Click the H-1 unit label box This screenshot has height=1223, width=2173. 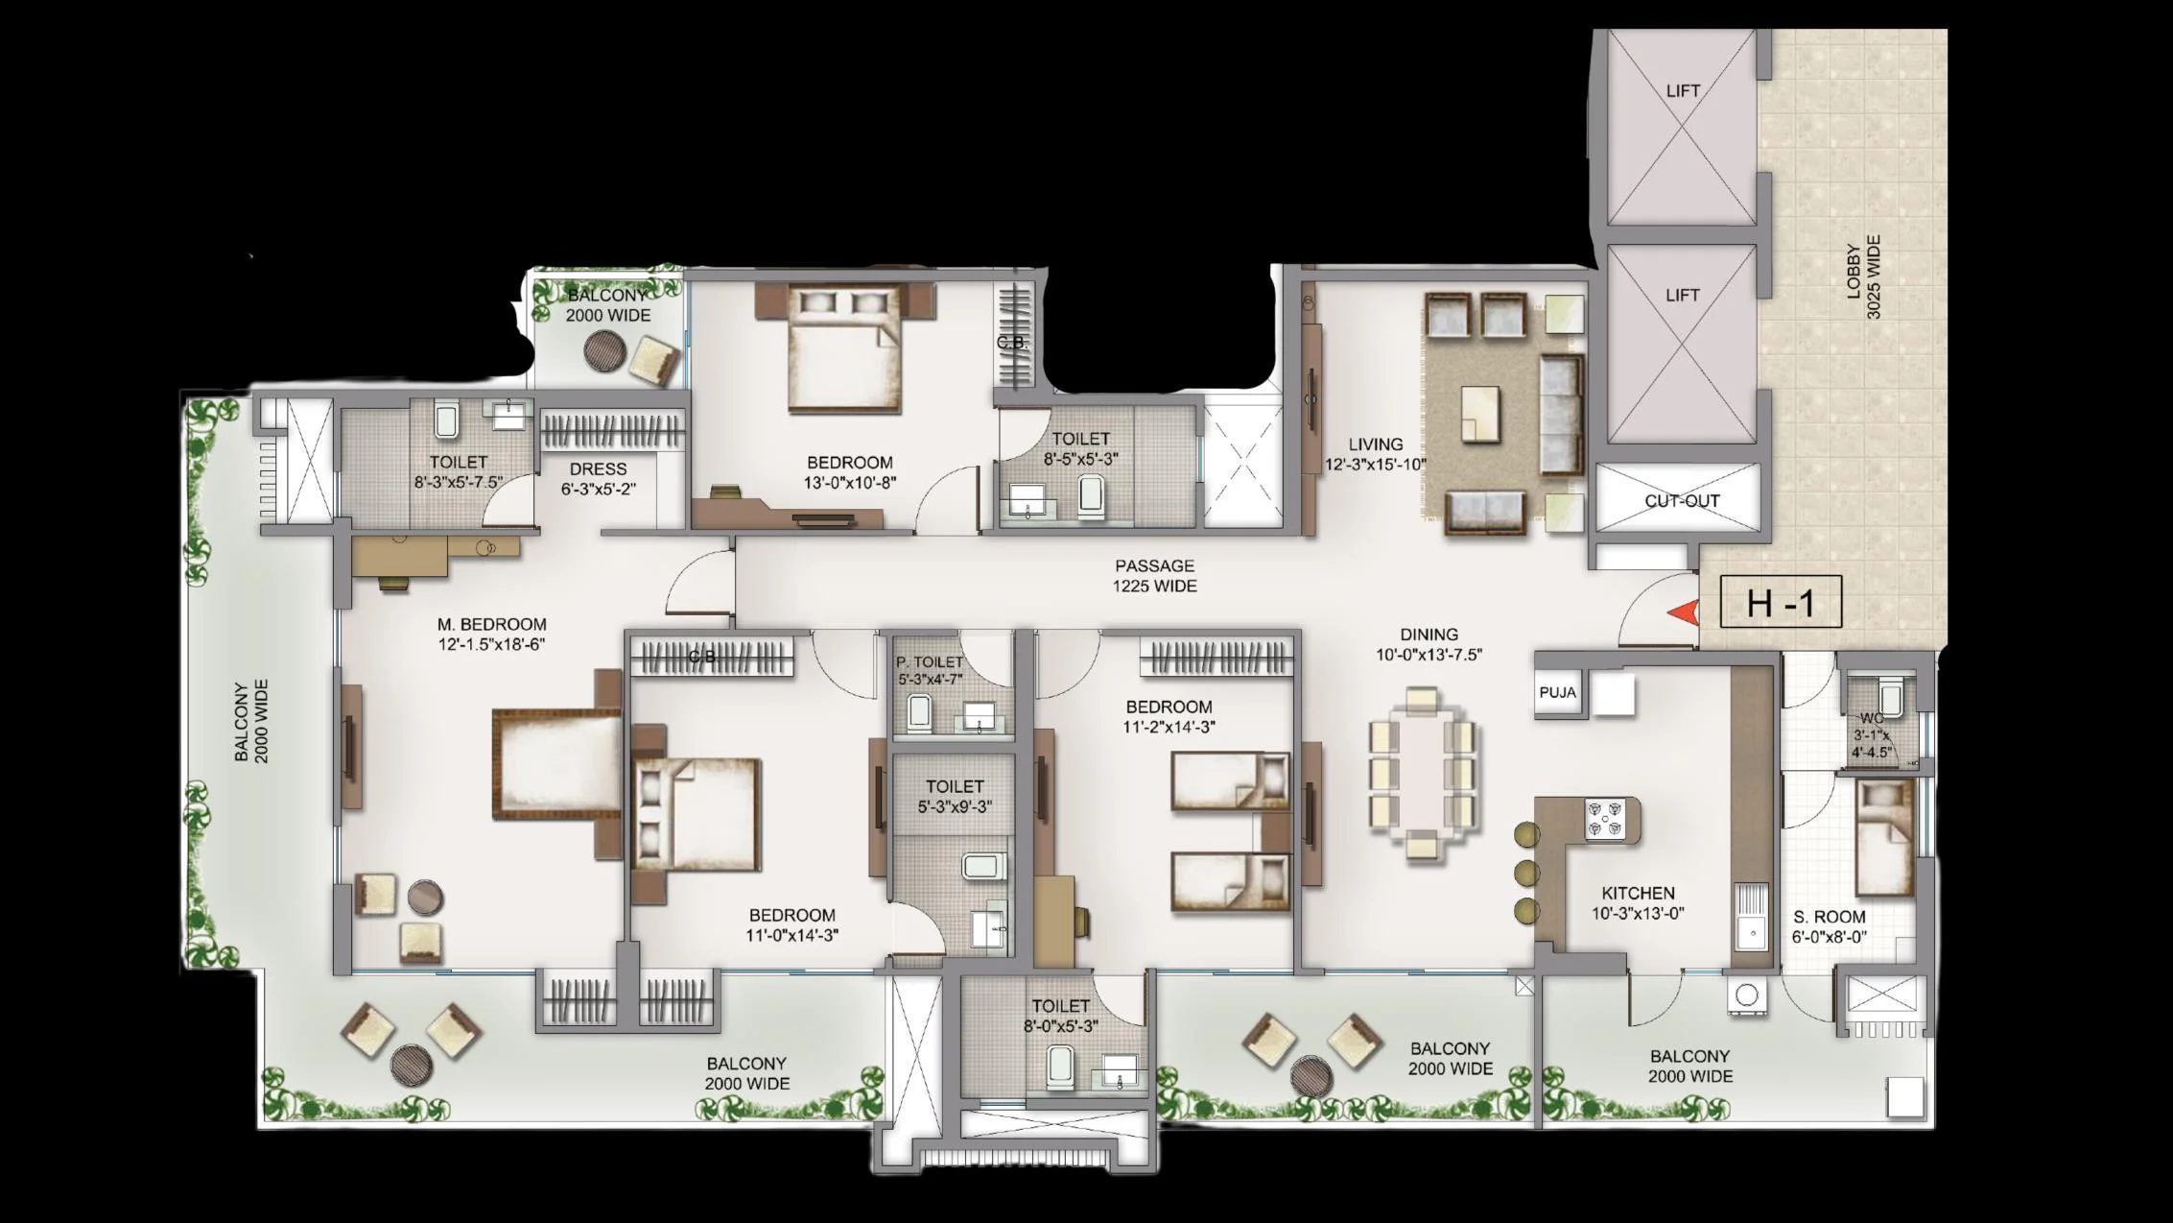1781,602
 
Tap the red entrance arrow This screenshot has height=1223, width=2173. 1682,612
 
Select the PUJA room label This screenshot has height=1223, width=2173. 1557,692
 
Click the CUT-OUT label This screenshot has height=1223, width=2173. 1682,500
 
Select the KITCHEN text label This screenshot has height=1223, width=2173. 1638,893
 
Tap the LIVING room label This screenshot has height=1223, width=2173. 1376,444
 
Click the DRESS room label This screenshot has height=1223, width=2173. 598,468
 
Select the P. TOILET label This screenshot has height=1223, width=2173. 929,662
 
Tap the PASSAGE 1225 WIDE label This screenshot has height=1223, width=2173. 1154,576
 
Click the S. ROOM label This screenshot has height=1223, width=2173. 1830,917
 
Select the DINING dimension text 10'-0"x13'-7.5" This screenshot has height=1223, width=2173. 1429,655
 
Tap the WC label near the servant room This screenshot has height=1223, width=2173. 1871,718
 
